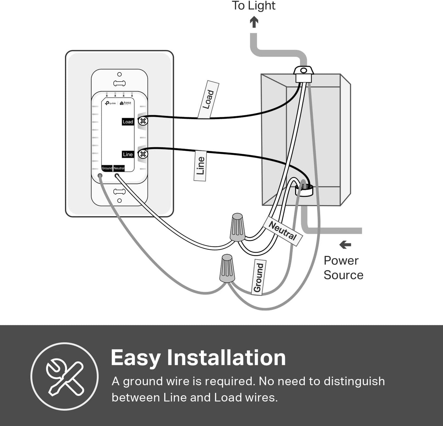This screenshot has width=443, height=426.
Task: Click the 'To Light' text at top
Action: coord(254,6)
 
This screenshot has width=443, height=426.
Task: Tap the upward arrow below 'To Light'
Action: coord(254,22)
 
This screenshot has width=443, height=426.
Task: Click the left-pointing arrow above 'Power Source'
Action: coord(345,245)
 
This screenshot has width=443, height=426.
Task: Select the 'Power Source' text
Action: coord(343,268)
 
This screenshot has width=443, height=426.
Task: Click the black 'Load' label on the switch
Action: coord(128,122)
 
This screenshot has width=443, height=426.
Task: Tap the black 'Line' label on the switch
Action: coord(128,154)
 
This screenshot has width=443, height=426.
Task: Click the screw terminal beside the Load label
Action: coord(143,121)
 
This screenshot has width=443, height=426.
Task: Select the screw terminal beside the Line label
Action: coord(143,154)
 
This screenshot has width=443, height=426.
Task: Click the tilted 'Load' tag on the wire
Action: coord(208,99)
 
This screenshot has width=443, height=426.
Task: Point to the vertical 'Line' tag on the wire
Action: coord(200,166)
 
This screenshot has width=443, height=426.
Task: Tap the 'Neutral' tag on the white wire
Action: coord(283,231)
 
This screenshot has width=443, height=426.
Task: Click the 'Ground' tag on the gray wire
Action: coord(258,277)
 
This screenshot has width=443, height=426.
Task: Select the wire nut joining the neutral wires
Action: coord(238,227)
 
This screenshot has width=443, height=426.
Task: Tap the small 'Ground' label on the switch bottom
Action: coord(107,168)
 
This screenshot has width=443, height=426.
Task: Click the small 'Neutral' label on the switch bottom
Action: coord(119,168)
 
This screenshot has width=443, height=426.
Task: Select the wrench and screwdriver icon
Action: coord(65,376)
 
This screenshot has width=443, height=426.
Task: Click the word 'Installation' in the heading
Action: coord(226,358)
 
